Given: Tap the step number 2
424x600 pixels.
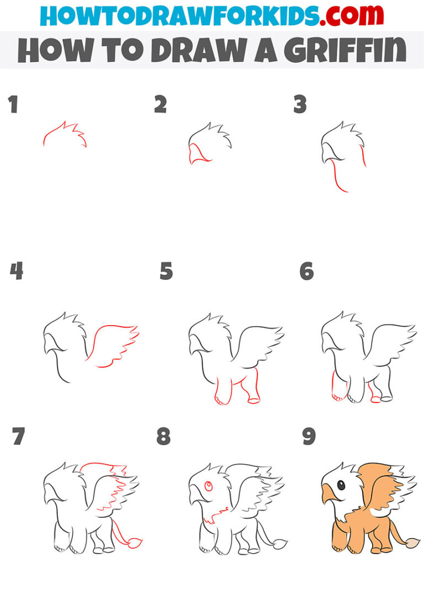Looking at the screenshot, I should click(x=160, y=104).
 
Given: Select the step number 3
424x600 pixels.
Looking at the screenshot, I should click(x=300, y=104).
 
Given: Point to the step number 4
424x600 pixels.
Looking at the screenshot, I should click(x=16, y=271).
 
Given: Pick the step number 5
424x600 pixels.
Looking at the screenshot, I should click(x=166, y=271).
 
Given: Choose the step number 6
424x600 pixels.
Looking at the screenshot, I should click(x=306, y=271).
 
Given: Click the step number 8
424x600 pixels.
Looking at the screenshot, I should click(x=163, y=437).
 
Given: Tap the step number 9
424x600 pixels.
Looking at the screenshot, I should click(x=309, y=437).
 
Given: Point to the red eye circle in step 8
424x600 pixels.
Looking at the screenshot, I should click(x=209, y=486).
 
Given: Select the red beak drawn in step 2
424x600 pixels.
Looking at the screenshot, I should click(x=197, y=153).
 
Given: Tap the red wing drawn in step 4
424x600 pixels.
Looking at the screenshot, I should click(x=113, y=345).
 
